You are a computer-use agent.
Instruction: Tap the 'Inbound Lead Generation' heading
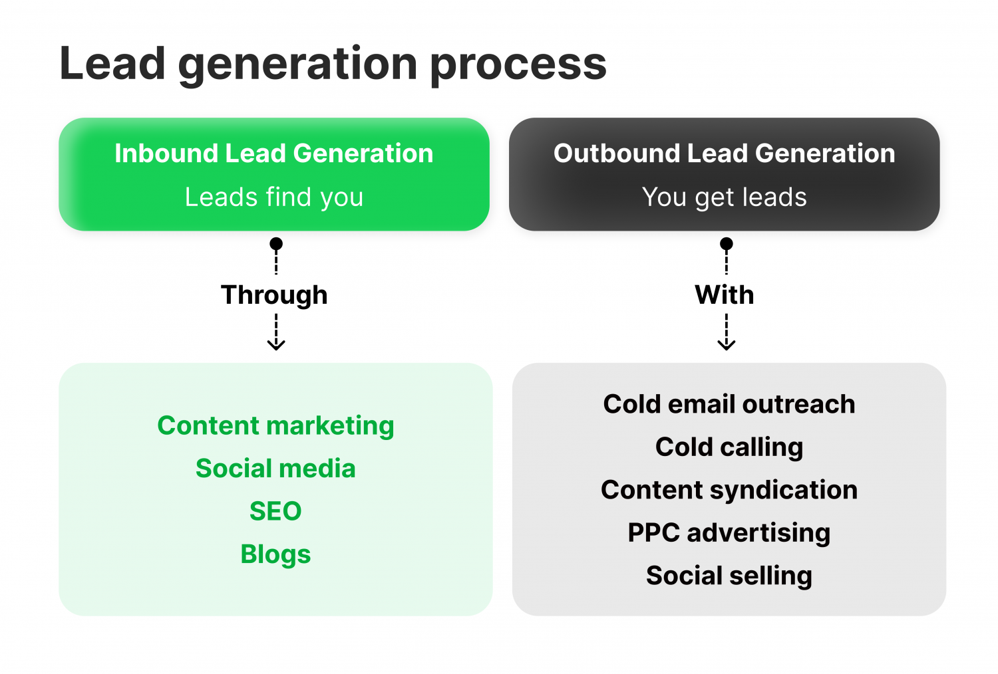(274, 153)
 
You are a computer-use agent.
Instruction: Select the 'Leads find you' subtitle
(274, 197)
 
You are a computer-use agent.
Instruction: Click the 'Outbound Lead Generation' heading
(725, 153)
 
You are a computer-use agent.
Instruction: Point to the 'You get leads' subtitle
(725, 197)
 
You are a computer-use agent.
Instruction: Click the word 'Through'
(274, 295)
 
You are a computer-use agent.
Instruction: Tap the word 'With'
(725, 294)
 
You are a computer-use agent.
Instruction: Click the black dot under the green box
(276, 243)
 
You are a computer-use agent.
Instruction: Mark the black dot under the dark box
(727, 243)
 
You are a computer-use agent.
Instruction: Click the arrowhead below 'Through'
(276, 345)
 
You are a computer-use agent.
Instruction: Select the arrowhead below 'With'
(727, 345)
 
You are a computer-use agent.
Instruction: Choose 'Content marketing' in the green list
(276, 426)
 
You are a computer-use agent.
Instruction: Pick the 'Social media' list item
(276, 469)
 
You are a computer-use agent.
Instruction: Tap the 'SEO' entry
(276, 511)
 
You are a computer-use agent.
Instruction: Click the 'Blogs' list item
(276, 555)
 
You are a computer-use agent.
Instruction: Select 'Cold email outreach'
(729, 404)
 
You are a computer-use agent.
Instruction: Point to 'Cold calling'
(729, 447)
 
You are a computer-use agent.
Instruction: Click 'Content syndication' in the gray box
(729, 491)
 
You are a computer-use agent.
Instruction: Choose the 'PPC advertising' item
(729, 533)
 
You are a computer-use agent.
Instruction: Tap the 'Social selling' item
(729, 576)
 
